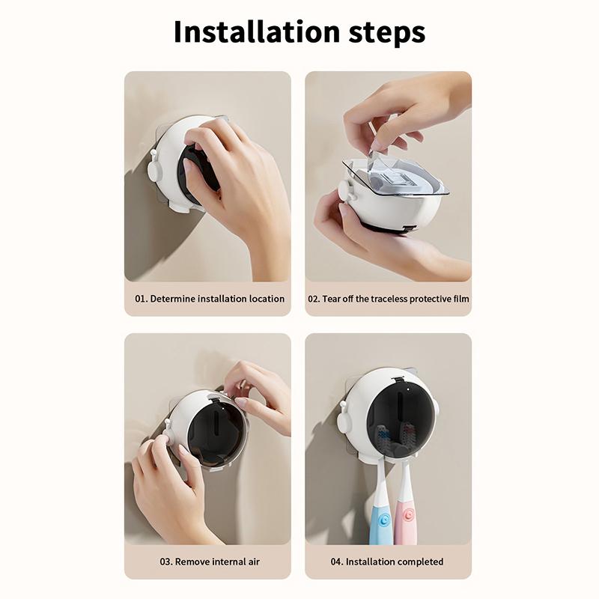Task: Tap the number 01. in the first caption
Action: [x=142, y=298]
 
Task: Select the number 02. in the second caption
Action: [x=314, y=298]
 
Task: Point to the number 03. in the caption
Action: [x=166, y=562]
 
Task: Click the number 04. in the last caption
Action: [x=337, y=562]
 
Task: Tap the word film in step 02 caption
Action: [x=460, y=298]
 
